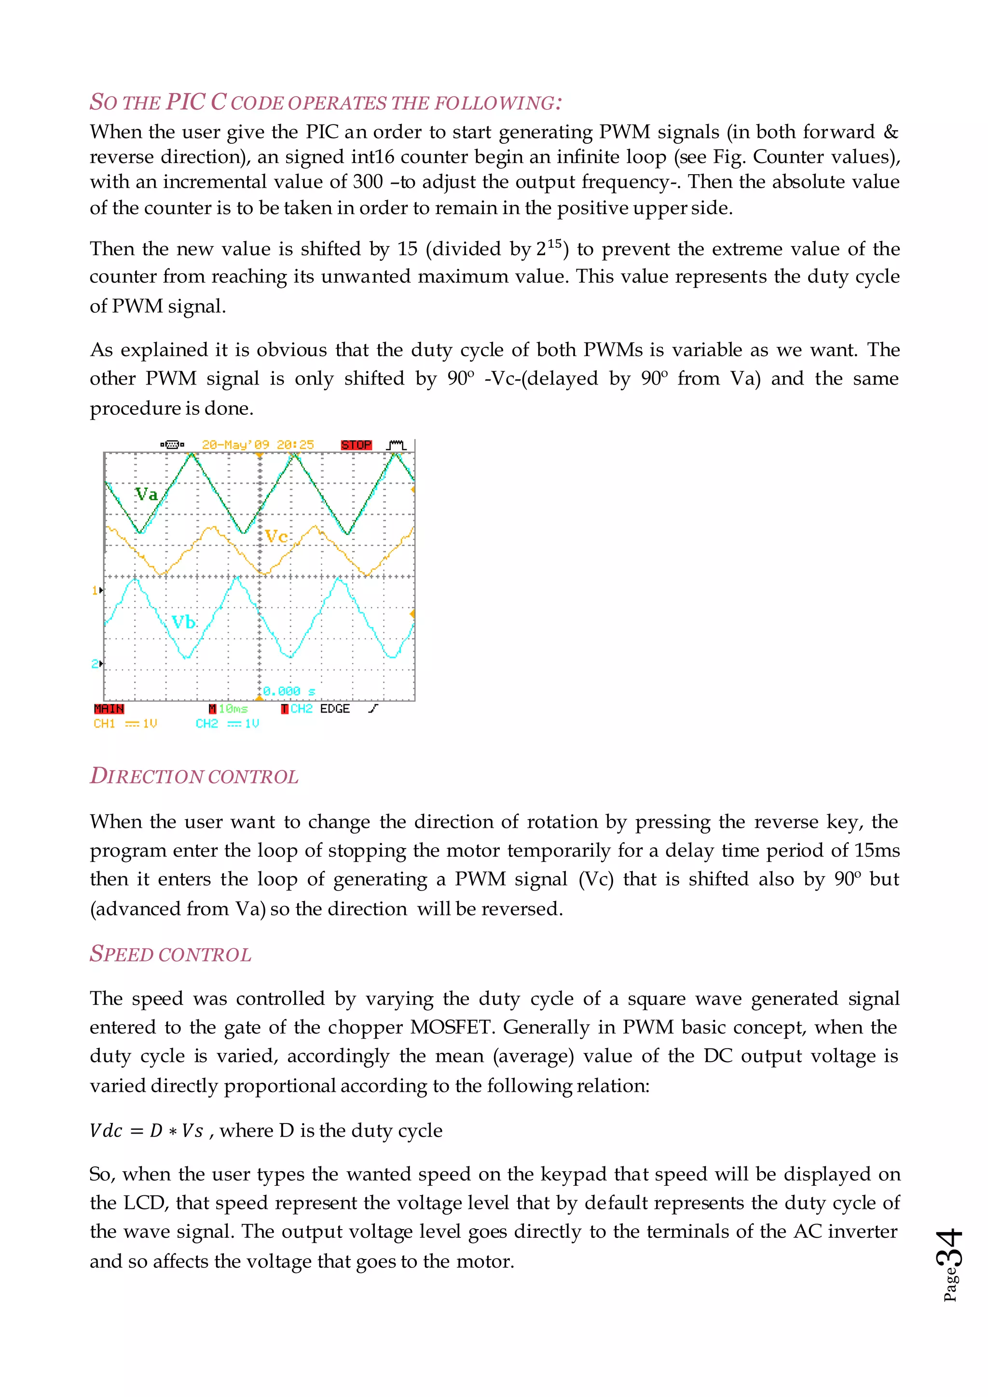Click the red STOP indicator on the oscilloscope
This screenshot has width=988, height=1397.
coord(356,445)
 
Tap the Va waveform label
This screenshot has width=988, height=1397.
coord(146,493)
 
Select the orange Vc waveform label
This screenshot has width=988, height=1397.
coord(276,536)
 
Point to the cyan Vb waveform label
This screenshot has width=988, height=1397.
coord(183,622)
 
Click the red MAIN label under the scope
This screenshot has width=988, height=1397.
coord(109,709)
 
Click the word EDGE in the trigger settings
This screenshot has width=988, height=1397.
coord(335,709)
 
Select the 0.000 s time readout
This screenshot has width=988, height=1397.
coord(289,691)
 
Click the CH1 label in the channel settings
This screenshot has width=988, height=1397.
coord(104,724)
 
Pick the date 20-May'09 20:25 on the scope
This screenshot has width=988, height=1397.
coord(258,445)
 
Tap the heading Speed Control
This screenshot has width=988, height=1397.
coord(170,954)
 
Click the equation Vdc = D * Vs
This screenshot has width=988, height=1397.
coord(146,1131)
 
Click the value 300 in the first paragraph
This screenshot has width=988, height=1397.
coord(368,182)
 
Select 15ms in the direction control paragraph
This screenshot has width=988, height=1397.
coord(877,850)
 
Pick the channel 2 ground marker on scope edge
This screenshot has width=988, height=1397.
coord(97,664)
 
